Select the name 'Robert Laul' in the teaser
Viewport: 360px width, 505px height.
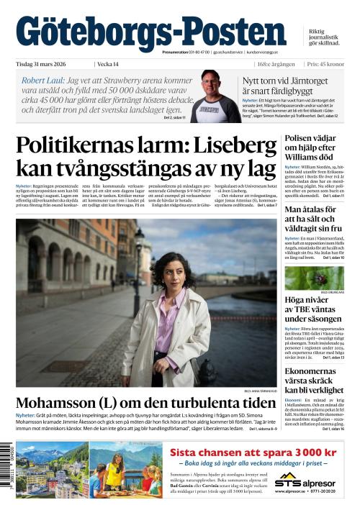pos(41,81)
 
